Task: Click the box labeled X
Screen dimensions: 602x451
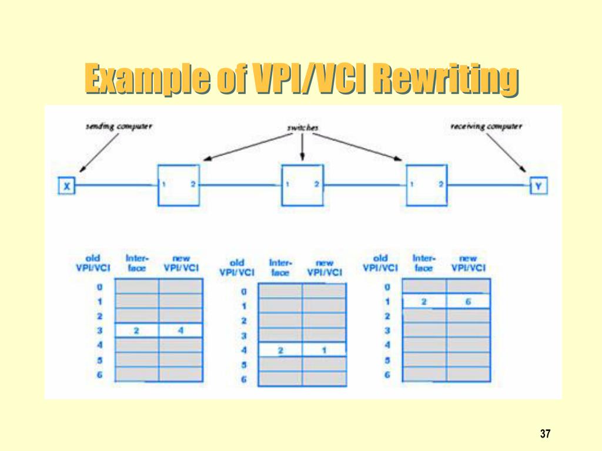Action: coord(66,187)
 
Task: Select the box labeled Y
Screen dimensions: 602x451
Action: coord(538,186)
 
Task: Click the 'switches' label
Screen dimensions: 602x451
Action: coord(303,127)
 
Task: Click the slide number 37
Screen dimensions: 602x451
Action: coord(545,434)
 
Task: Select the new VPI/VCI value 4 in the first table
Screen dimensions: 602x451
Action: coord(180,331)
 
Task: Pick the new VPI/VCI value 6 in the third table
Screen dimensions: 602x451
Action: coord(468,302)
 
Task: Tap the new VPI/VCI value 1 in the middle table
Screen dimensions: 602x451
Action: coord(324,351)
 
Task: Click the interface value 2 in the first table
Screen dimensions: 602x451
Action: coord(136,331)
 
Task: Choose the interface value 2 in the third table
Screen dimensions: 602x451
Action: coord(424,302)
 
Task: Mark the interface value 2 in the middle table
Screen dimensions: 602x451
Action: coord(280,351)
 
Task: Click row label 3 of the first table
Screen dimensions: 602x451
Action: coord(100,331)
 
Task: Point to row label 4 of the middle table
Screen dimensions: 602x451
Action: coord(244,351)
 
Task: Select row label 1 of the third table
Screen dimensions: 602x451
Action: coord(387,302)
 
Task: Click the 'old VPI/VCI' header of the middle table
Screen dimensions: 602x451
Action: coord(236,268)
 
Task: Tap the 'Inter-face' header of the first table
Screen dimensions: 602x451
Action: coord(137,262)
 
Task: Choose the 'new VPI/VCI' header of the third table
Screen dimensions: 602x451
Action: coord(468,262)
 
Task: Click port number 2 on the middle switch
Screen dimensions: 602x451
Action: coord(316,184)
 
